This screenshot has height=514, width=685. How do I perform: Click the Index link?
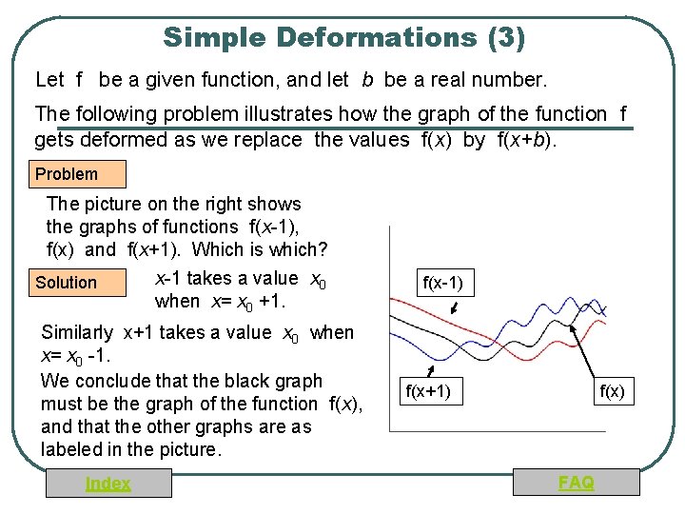[108, 484]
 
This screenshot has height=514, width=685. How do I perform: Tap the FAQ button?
[577, 483]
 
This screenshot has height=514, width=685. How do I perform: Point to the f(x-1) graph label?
[442, 283]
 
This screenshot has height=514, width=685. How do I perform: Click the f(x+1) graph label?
[428, 391]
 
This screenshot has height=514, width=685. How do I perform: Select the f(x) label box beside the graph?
[611, 391]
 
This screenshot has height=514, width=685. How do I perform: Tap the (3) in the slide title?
[504, 38]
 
